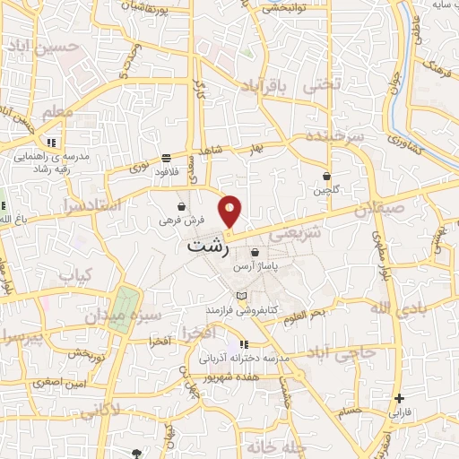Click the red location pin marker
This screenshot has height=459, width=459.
pos(230,210)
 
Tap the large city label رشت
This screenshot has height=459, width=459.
pos(212,244)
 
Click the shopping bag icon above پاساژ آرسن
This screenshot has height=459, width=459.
pos(256,254)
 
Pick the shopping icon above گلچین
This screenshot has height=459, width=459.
pos(326,178)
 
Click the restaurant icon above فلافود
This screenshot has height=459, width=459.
pos(168,159)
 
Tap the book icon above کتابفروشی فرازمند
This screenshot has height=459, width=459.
pos(238,296)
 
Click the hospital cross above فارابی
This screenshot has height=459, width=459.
pos(399,398)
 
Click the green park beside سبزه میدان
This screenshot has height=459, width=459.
pos(126,301)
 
